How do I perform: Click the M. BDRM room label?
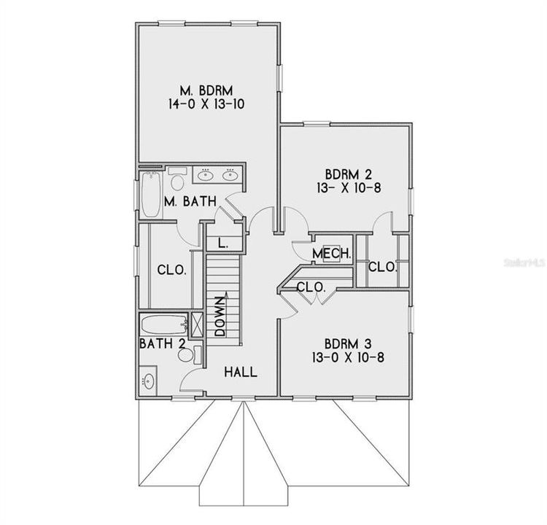tap(205, 90)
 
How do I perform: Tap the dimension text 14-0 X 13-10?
tap(205, 104)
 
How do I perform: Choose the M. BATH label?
tap(190, 201)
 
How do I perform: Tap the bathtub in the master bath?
tap(151, 194)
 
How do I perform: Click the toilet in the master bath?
tap(177, 177)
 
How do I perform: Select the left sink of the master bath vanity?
tap(206, 174)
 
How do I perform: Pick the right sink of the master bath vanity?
tap(230, 174)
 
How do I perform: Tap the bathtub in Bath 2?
tap(162, 323)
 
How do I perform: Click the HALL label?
tap(240, 372)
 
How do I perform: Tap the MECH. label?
tap(333, 254)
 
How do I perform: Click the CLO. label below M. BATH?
tap(171, 270)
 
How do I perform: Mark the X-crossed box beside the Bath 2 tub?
tap(196, 322)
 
